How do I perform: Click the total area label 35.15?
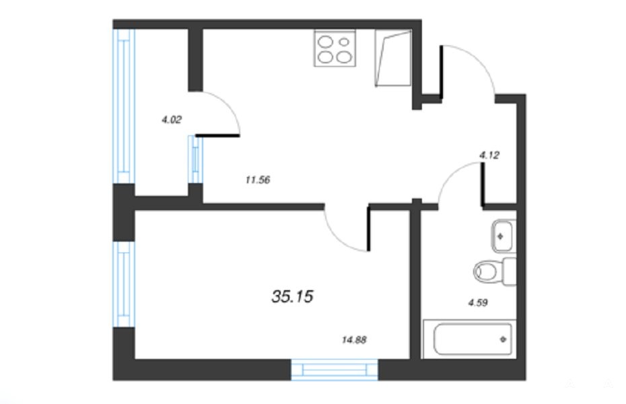point(292,296)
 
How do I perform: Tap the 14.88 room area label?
point(354,340)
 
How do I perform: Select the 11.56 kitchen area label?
point(258,180)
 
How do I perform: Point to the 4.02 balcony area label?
point(172,119)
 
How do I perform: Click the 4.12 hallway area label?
point(489,155)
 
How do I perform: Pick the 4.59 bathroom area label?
point(478,302)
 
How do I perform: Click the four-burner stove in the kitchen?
point(335,48)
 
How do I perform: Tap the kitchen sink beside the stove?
point(393,58)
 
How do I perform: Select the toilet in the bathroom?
point(495,271)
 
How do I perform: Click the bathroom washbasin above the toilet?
point(502,236)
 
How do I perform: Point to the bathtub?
point(470,339)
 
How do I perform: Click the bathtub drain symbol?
point(503,339)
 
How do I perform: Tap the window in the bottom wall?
point(335,370)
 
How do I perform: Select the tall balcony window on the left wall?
point(124,106)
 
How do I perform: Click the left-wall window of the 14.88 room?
point(124,284)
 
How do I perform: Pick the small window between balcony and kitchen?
point(195,160)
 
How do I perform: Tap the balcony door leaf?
point(217,136)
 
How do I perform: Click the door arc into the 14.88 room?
point(339,238)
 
